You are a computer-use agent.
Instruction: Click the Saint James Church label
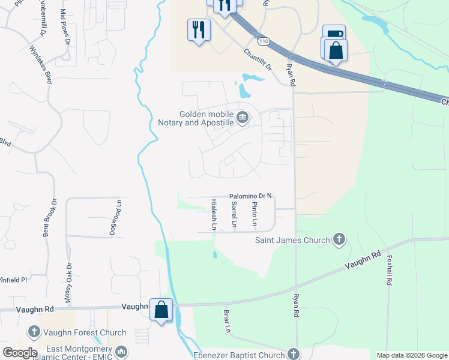click(x=292, y=241)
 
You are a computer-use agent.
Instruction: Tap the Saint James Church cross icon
click(x=339, y=240)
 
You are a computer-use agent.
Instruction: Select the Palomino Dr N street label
click(x=251, y=196)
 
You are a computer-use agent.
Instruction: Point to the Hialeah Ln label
click(x=213, y=215)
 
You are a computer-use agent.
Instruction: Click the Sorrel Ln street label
click(x=234, y=215)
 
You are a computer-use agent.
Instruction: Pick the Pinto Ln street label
click(x=255, y=215)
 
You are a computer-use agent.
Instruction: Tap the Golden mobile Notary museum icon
click(x=242, y=118)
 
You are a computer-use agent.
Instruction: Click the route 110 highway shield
click(x=265, y=41)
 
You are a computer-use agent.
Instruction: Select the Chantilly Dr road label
click(x=258, y=59)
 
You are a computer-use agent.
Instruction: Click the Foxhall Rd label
click(x=390, y=271)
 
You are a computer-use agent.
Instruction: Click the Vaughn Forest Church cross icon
click(x=34, y=332)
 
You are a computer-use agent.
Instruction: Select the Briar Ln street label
click(x=227, y=322)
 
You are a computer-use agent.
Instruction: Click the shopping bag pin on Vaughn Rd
click(x=161, y=310)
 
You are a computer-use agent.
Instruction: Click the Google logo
click(x=20, y=353)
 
